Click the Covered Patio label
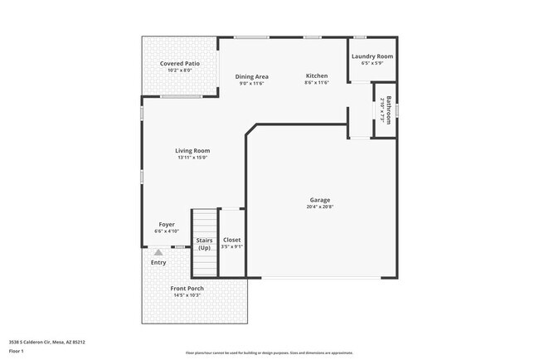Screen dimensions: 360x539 coord(180,64)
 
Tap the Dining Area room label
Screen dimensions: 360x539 coord(251,76)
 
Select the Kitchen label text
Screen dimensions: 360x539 coord(317,75)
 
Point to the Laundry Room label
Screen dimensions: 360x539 coord(372,56)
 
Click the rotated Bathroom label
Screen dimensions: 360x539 coord(386,110)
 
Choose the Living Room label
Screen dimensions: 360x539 coord(192,151)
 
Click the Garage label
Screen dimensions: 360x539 coord(320,200)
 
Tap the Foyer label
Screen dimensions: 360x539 coord(167,224)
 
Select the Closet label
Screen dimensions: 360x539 coord(232,240)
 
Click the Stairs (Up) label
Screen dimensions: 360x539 coord(204,244)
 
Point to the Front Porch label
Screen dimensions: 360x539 coord(187,289)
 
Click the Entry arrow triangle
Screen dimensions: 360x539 coord(158,251)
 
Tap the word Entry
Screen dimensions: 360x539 coord(158,263)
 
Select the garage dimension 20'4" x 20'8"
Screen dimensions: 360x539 coord(320,207)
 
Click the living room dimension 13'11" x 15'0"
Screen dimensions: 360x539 coord(192,158)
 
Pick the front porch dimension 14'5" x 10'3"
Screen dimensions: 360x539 coord(187,296)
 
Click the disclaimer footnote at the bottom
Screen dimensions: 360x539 coord(269,353)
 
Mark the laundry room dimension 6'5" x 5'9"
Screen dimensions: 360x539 coord(372,64)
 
